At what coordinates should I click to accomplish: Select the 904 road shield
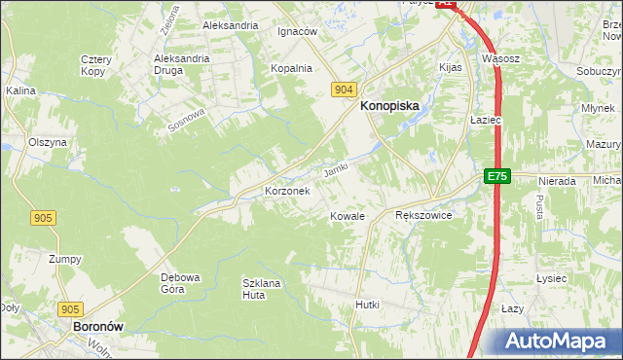tap(342, 89)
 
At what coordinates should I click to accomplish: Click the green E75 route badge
tap(497, 176)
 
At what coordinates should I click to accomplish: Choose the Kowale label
tap(347, 216)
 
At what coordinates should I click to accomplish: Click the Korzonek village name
tap(287, 192)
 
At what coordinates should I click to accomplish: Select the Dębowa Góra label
tap(179, 282)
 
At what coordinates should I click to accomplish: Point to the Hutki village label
tap(367, 305)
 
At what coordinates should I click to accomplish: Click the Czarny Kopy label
tap(96, 65)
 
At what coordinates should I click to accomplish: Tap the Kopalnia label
tap(291, 68)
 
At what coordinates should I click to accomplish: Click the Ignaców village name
tap(298, 31)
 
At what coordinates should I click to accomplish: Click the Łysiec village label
tap(551, 278)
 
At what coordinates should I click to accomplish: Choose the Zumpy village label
tap(65, 260)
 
